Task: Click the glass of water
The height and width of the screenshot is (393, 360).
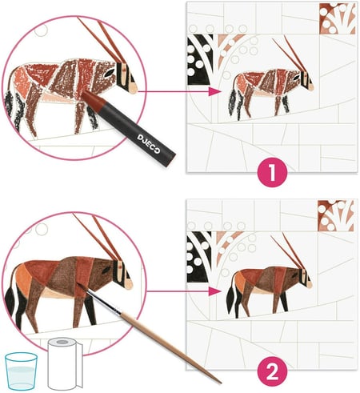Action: click(21, 371)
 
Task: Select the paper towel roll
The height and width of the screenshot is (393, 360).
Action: click(65, 363)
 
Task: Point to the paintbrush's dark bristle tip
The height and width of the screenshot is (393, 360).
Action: click(82, 289)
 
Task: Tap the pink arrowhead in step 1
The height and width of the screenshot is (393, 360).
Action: click(215, 91)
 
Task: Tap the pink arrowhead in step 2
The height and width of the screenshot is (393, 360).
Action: click(215, 291)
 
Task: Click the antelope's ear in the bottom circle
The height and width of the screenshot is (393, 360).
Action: click(106, 271)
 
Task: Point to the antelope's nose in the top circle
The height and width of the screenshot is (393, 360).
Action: click(133, 87)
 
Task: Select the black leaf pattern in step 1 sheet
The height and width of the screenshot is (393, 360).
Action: click(201, 59)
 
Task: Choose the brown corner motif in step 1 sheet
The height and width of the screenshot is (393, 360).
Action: click(338, 18)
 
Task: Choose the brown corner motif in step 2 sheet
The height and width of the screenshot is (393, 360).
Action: click(336, 216)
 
